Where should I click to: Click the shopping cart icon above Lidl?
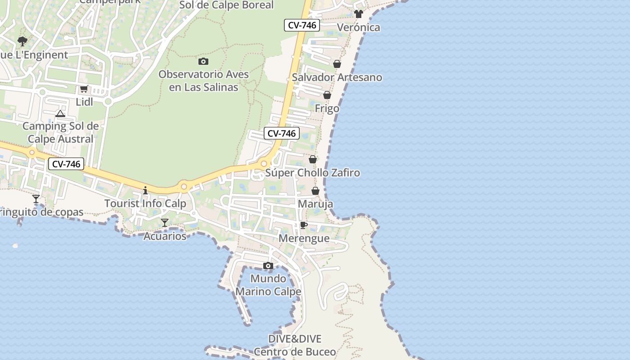[x=84, y=89]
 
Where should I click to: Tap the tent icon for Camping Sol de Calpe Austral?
[x=60, y=113]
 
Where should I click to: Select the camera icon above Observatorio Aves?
[x=203, y=61]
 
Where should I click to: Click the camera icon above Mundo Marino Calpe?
[x=268, y=265]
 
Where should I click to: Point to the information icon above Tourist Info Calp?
[x=145, y=190]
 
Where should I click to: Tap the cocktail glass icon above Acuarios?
[x=165, y=223]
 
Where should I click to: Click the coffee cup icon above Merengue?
[x=304, y=225]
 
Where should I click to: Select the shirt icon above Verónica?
[x=358, y=14]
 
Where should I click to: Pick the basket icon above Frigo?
[x=327, y=95]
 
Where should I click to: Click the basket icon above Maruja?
[x=315, y=191]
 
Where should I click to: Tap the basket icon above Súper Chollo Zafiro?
[x=313, y=159]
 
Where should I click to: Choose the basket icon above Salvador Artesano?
[x=337, y=64]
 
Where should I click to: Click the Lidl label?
[x=84, y=102]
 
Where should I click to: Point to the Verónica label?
[x=358, y=27]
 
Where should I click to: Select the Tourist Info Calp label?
[x=145, y=203]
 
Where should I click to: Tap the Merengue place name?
[x=304, y=238]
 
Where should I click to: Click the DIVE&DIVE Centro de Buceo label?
[x=295, y=345]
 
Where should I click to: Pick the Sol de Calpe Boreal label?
[x=226, y=5]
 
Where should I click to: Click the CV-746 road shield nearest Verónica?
[x=302, y=25]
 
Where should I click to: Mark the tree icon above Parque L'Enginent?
[x=22, y=42]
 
